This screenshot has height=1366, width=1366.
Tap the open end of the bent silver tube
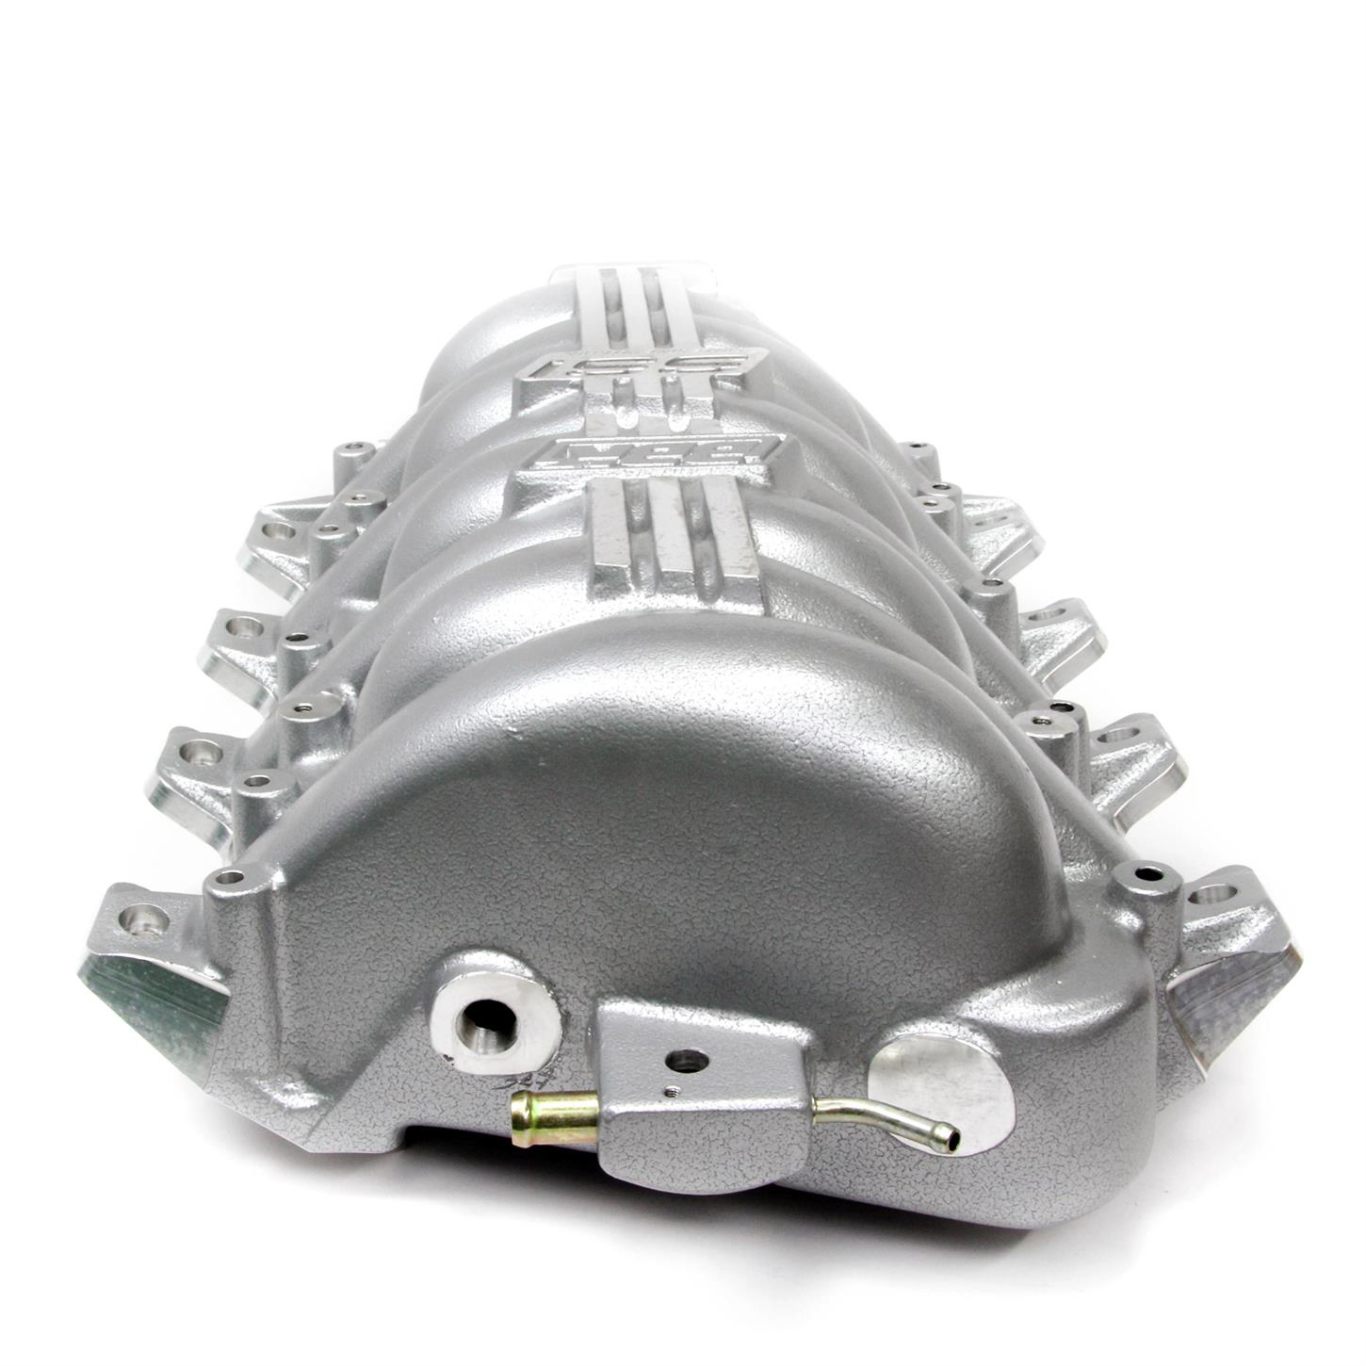(953, 1139)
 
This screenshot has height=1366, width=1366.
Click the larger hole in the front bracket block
(685, 1062)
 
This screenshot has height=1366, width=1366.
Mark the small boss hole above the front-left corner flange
(232, 879)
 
